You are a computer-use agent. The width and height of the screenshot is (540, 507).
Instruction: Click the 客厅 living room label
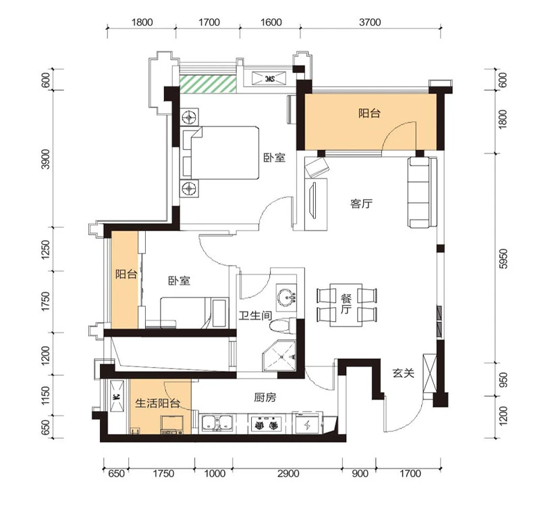point(361,204)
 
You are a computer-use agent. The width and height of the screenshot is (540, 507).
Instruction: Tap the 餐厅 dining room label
point(346,304)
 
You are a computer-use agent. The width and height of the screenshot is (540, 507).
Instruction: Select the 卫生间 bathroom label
point(255,315)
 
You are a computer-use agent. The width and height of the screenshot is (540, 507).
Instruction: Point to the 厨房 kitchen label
point(265,397)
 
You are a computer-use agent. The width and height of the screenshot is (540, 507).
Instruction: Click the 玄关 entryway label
point(403,373)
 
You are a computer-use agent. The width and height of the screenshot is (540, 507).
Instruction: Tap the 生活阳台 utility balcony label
point(157,403)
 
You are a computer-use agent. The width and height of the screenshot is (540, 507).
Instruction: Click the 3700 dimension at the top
point(370,22)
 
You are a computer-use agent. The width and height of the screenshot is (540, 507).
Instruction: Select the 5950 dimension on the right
point(503,258)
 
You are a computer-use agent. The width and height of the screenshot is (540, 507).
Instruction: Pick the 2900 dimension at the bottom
point(288,474)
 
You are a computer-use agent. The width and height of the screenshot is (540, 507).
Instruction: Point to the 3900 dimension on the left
point(45,159)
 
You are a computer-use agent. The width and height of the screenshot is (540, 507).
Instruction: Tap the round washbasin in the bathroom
point(286,296)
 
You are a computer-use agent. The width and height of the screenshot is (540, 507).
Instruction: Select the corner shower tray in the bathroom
point(279,356)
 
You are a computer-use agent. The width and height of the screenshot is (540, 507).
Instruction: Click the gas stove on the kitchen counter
point(267,423)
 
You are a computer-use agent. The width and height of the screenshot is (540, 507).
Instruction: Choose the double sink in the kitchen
point(217,422)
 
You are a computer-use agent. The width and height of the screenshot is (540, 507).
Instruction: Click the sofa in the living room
point(418,192)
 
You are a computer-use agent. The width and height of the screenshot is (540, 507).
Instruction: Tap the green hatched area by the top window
point(208,84)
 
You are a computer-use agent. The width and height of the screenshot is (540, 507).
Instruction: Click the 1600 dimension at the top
point(271,22)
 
